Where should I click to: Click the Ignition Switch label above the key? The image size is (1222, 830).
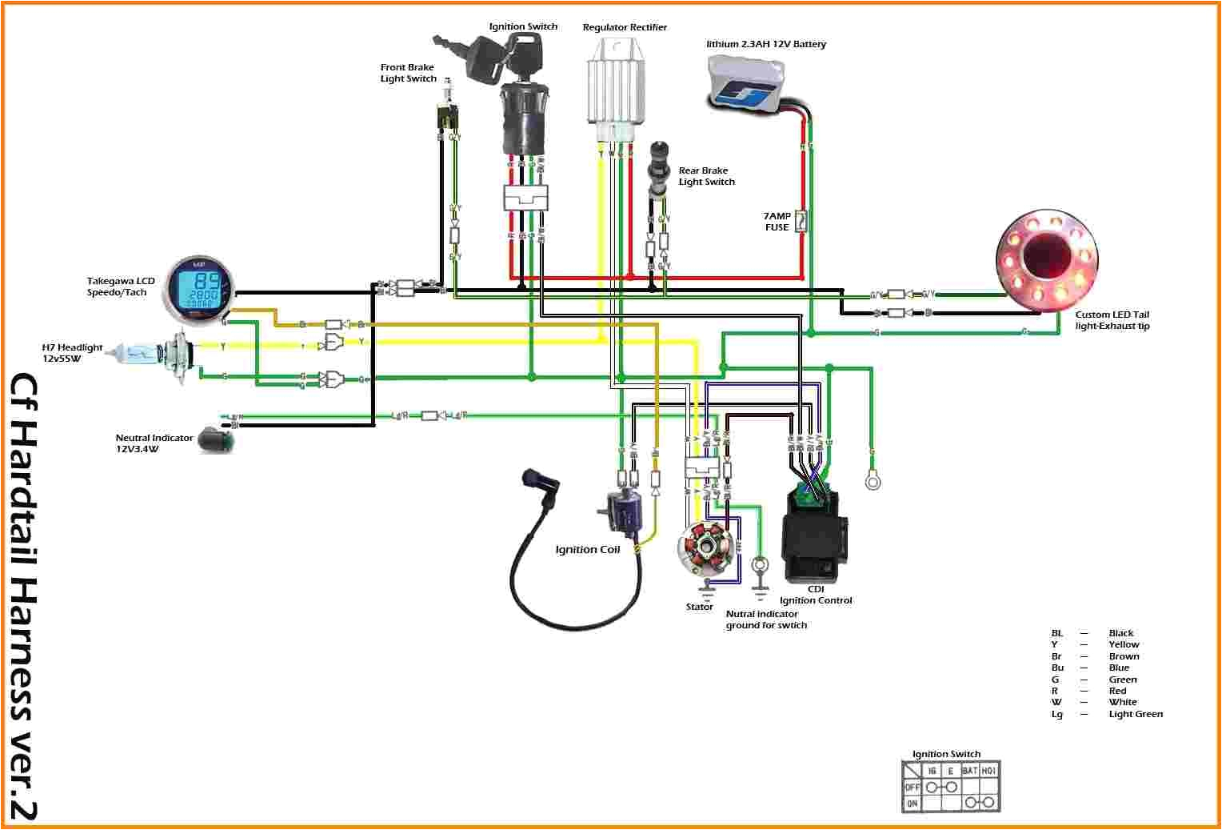pyautogui.click(x=523, y=26)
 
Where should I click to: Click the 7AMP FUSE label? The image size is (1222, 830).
pyautogui.click(x=777, y=222)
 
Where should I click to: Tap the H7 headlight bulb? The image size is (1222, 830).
pyautogui.click(x=148, y=351)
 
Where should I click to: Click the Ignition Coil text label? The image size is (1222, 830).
pyautogui.click(x=587, y=550)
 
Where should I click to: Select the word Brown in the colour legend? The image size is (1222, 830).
pyautogui.click(x=1124, y=656)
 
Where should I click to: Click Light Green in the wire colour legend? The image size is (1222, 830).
pyautogui.click(x=1136, y=714)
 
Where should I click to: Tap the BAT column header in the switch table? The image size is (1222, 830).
pyautogui.click(x=969, y=770)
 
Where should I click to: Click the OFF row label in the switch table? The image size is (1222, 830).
pyautogui.click(x=912, y=787)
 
